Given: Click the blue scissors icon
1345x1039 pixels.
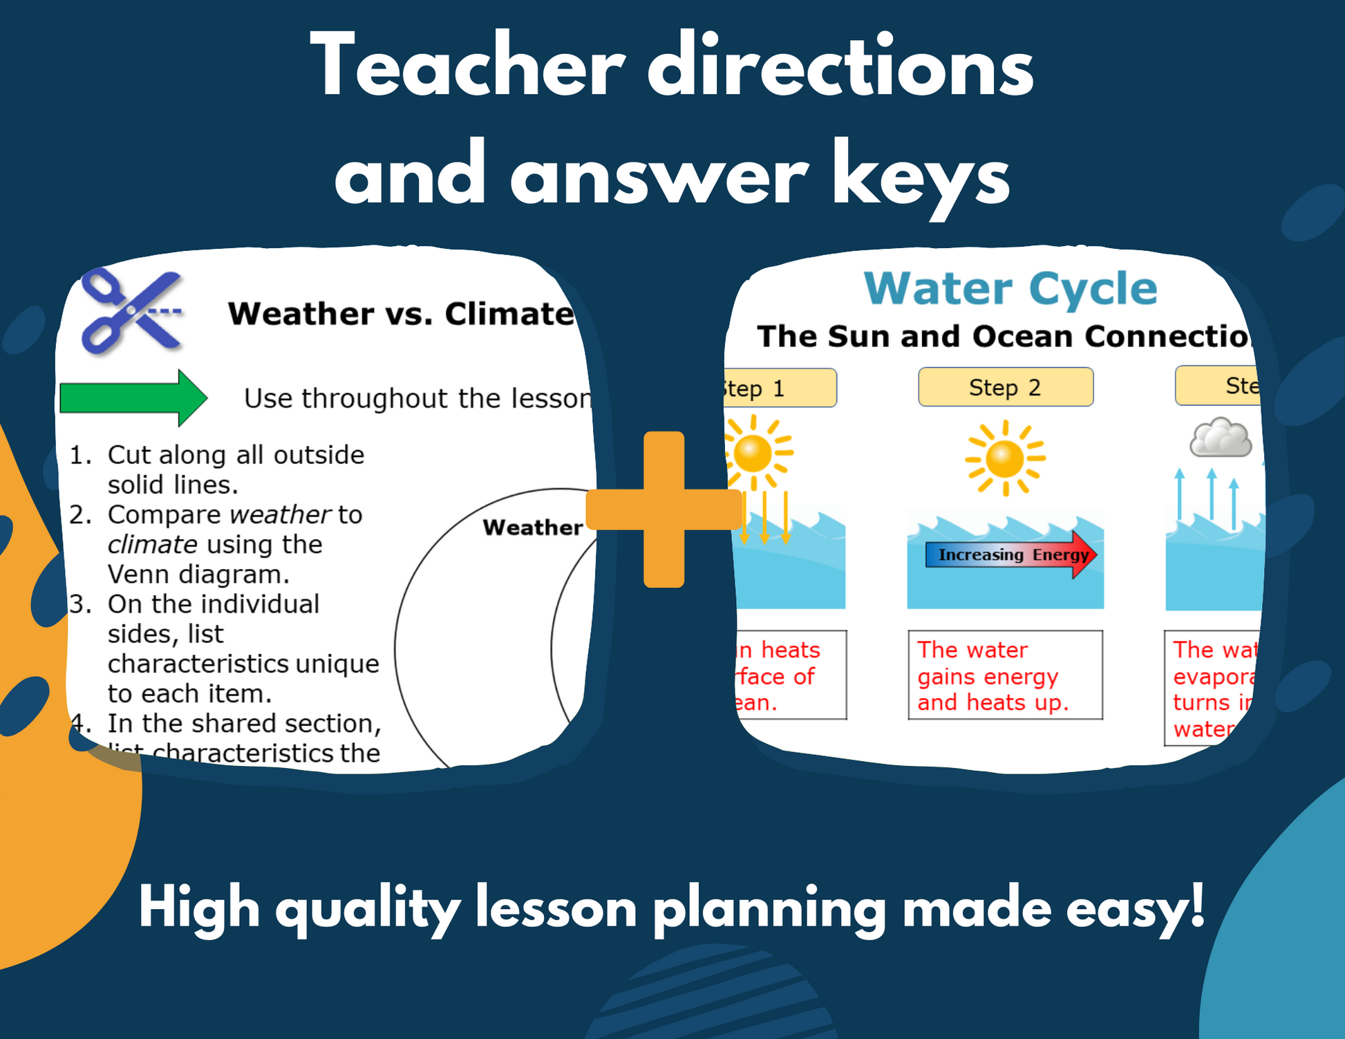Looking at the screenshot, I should pyautogui.click(x=131, y=311).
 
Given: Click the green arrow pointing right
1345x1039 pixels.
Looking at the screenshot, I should pyautogui.click(x=133, y=398).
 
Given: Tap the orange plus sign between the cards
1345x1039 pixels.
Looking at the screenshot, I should pyautogui.click(x=664, y=509).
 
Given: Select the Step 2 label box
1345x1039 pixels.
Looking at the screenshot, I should pyautogui.click(x=1005, y=387).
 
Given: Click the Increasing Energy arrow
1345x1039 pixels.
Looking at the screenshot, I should pyautogui.click(x=1010, y=555).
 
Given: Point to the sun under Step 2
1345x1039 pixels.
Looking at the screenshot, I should pyautogui.click(x=1005, y=458).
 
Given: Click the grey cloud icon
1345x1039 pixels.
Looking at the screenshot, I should pyautogui.click(x=1221, y=438).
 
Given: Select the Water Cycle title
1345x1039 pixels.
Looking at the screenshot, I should pyautogui.click(x=1010, y=288).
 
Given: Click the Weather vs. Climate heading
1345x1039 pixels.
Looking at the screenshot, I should pyautogui.click(x=401, y=314).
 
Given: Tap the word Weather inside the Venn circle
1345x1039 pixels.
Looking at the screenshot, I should pyautogui.click(x=532, y=527).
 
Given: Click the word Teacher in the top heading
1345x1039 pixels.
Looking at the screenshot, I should pyautogui.click(x=467, y=68).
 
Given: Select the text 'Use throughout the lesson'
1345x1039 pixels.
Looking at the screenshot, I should pyautogui.click(x=417, y=399).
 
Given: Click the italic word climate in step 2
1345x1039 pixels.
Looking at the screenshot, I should pyautogui.click(x=153, y=545).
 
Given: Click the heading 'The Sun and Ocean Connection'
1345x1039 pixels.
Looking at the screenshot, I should pyautogui.click(x=1004, y=337).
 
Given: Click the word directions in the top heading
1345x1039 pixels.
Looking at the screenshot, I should pyautogui.click(x=840, y=68).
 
